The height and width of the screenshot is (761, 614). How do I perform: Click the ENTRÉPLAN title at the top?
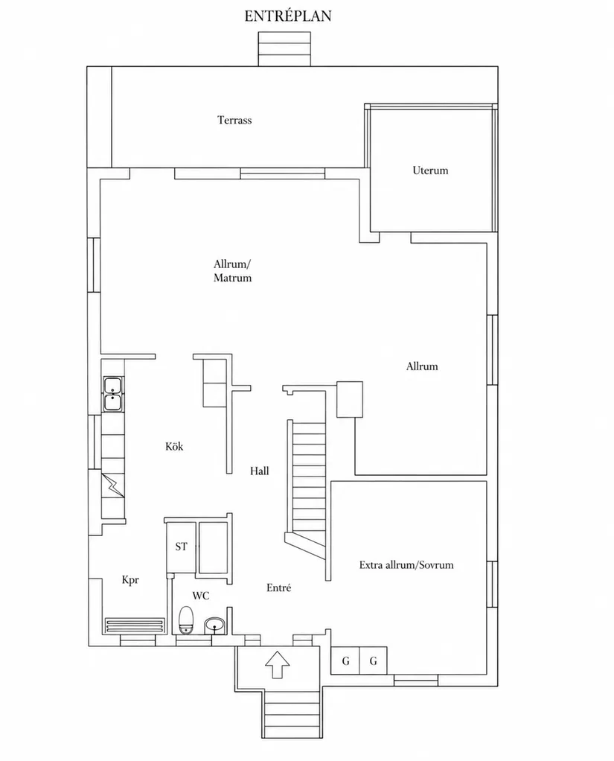287,16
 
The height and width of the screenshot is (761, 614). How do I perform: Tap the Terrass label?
234,120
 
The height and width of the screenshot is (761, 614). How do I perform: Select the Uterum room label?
430,171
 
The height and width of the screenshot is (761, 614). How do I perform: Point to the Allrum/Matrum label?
233,271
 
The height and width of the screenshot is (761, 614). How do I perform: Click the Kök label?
174,447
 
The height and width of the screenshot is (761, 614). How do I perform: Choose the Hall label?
260,471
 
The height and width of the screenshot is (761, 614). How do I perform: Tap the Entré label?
279,588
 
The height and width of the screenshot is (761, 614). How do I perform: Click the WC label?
201,596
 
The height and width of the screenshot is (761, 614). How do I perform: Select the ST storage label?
181,547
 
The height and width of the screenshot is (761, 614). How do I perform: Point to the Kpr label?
130,580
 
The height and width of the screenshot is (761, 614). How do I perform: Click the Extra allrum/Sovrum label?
406,565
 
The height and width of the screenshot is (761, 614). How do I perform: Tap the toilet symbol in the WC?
186,620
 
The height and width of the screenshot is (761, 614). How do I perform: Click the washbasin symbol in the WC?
214,625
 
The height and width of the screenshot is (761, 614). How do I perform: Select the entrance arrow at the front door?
278,664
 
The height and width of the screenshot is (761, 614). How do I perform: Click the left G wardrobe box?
345,660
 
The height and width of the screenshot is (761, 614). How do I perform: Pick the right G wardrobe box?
373,660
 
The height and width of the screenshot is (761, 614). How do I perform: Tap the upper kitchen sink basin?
112,386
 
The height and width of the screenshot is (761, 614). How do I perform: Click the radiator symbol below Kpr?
135,625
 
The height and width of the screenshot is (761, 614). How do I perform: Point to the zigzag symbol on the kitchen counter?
113,485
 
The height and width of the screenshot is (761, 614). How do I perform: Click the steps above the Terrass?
284,48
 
